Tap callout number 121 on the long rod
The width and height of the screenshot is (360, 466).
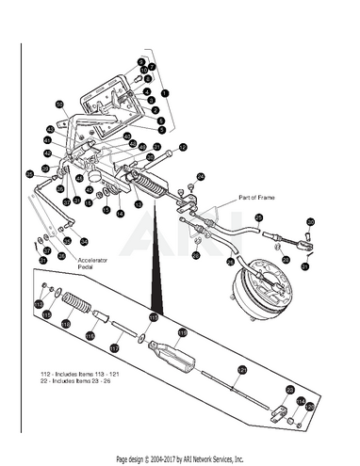click(x=239, y=371)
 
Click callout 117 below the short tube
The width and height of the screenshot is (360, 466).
click(x=115, y=346)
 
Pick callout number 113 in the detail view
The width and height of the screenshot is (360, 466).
click(x=39, y=305)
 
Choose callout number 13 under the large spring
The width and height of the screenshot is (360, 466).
click(x=138, y=204)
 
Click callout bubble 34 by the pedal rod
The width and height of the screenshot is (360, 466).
click(x=70, y=240)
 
